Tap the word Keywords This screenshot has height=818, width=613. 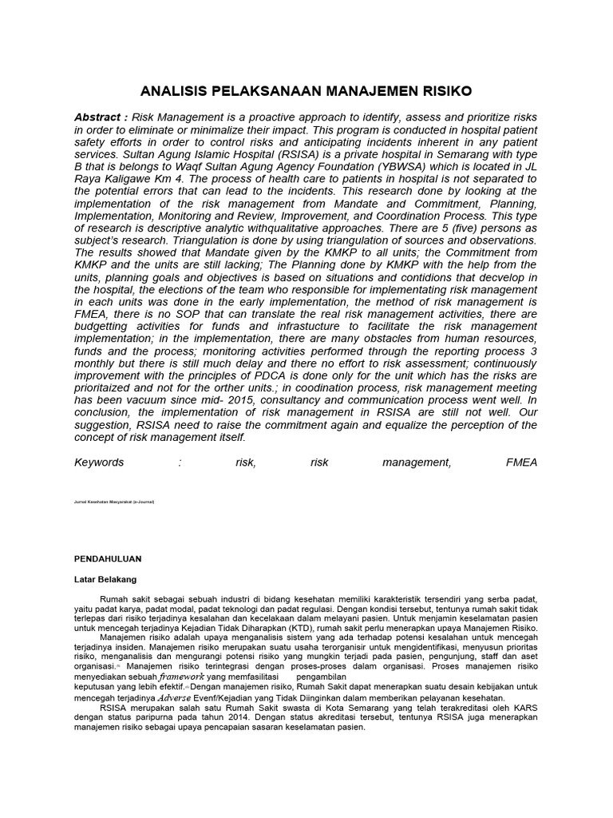click(99, 462)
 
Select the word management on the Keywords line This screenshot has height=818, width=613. click(416, 462)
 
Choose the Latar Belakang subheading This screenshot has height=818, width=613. click(105, 578)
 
